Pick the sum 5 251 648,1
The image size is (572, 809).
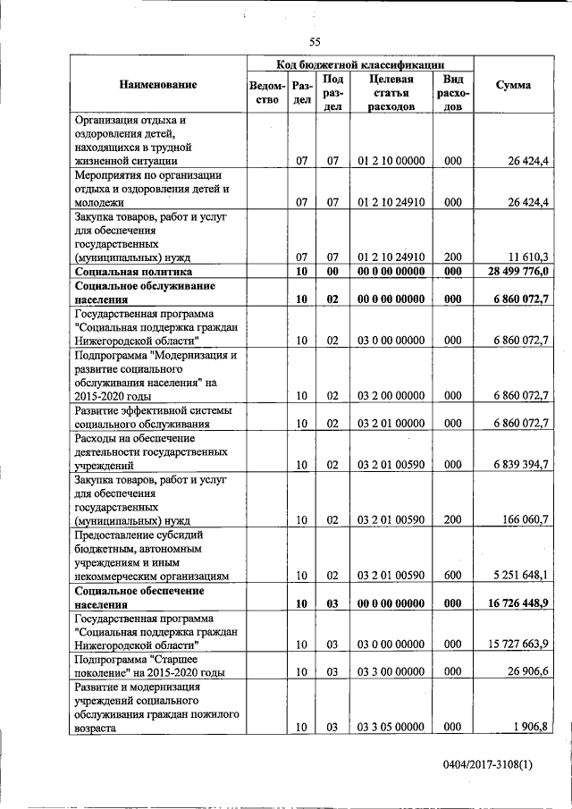click(x=519, y=576)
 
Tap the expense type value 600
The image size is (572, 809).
click(x=452, y=576)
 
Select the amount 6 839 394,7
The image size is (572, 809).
click(x=519, y=465)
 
